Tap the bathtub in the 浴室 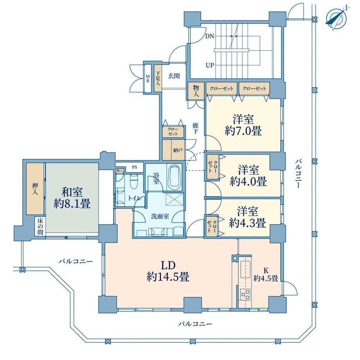[x=174, y=176]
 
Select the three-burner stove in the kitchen [x=245, y=294]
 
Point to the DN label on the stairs [x=210, y=36]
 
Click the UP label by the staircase [x=210, y=65]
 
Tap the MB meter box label [x=148, y=79]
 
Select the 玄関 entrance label [x=174, y=76]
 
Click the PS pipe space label [x=135, y=167]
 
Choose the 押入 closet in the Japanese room [x=35, y=189]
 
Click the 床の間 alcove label [x=40, y=226]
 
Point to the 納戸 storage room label [x=178, y=150]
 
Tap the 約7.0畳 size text [x=243, y=131]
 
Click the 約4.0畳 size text [x=248, y=182]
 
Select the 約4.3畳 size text [x=247, y=223]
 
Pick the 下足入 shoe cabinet [x=158, y=79]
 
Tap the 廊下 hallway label [x=195, y=129]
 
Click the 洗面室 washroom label [x=160, y=216]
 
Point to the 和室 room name [x=72, y=192]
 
